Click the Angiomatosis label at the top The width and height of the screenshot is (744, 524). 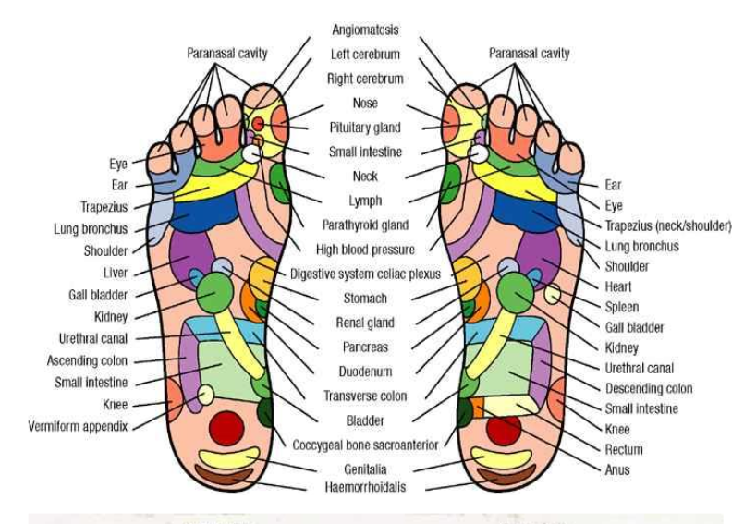pos(365,30)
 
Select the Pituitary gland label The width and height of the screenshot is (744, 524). pos(365,128)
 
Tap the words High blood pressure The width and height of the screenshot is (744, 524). pos(365,250)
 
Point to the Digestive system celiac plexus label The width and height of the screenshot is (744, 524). pos(365,274)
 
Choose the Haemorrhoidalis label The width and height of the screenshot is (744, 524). pos(365,487)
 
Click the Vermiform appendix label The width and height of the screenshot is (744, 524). pos(78,426)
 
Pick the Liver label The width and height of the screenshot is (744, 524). pos(116,273)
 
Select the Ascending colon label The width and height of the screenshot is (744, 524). pos(87,360)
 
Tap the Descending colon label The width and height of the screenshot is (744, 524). pos(649,389)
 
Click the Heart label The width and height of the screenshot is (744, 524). pos(617,286)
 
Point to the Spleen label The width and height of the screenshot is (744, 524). pos(622,307)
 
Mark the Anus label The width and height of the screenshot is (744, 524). pos(617,469)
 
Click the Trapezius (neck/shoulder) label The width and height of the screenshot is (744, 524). pos(668,225)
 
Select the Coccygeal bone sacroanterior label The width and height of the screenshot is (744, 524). pos(365,445)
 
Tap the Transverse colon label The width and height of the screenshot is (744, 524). pos(365,396)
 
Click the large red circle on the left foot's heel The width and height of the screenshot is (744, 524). pos(226,428)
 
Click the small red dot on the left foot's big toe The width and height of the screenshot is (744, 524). pos(258,124)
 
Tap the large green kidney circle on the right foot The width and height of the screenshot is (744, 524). pos(516,293)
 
